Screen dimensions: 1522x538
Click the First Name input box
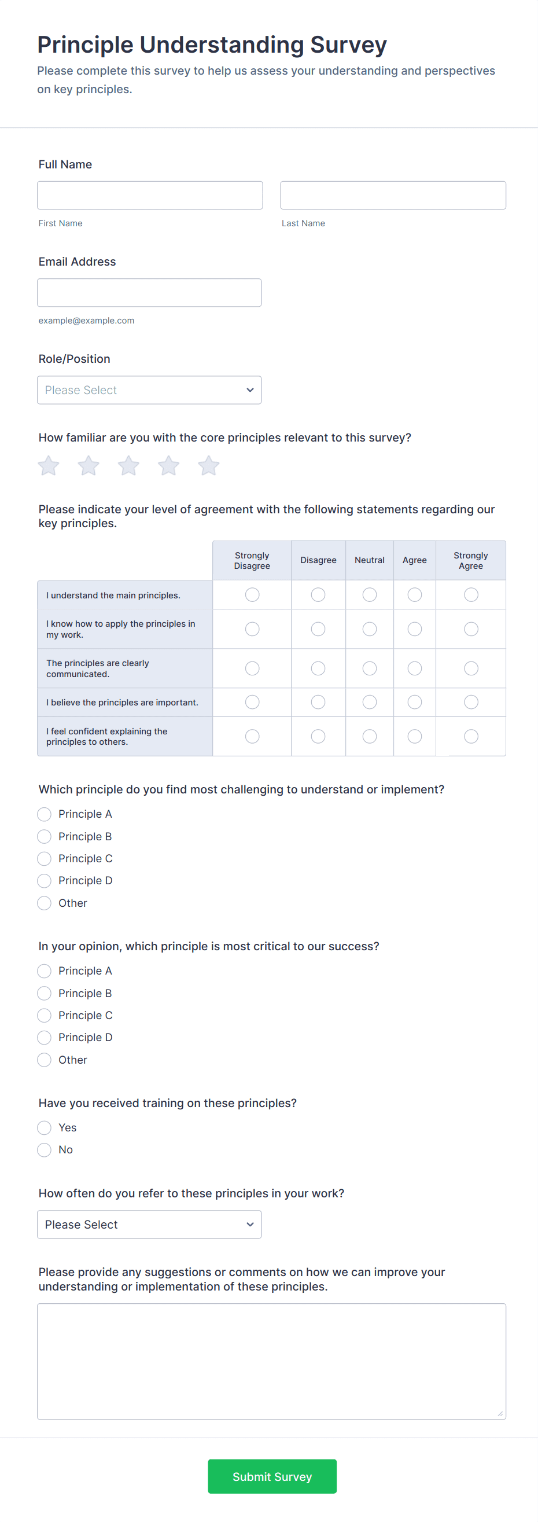(149, 195)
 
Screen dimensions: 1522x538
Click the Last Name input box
(393, 195)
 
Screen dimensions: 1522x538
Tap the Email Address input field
(149, 292)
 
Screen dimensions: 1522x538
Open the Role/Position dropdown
(149, 390)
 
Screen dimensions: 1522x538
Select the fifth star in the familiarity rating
(208, 466)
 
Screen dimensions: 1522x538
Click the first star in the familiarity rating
(49, 466)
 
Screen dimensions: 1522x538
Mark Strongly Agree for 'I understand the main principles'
(471, 594)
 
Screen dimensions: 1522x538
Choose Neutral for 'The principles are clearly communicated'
(370, 668)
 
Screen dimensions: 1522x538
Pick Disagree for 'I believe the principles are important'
(318, 702)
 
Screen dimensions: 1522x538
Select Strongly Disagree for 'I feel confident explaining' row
(252, 736)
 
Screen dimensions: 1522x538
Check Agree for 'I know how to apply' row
(415, 628)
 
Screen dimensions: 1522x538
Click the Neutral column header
(370, 560)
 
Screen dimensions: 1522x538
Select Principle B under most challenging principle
(45, 837)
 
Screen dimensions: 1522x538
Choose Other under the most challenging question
(45, 903)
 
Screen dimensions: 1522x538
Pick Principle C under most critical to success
(45, 1015)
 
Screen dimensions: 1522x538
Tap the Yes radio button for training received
(45, 1127)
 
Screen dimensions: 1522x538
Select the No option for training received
(45, 1150)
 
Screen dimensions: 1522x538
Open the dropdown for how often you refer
(149, 1224)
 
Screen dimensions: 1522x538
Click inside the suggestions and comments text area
(271, 1361)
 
